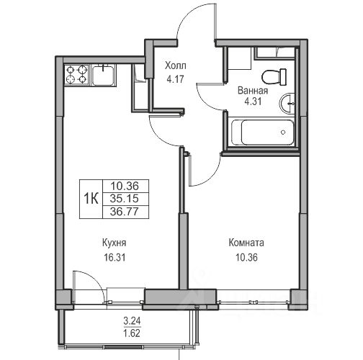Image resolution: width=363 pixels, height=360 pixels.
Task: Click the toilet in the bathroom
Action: [274, 77]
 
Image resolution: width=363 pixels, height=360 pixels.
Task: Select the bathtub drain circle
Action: [283, 132]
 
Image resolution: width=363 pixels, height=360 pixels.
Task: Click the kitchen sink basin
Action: [103, 75]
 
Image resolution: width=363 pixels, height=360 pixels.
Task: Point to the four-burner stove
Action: [77, 74]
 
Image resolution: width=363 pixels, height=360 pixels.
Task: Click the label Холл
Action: [176, 66]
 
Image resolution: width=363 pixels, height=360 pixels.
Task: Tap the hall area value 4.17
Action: [176, 79]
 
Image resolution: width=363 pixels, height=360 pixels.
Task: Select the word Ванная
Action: [253, 91]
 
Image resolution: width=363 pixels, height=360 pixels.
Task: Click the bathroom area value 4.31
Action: [253, 102]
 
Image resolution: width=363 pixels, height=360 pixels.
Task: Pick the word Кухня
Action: [114, 243]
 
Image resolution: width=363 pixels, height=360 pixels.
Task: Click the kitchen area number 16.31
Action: [115, 258]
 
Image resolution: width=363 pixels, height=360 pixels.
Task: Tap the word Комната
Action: [246, 243]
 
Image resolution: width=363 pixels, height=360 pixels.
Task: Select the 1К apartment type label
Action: [91, 199]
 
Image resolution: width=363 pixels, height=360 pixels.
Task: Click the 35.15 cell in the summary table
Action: [125, 199]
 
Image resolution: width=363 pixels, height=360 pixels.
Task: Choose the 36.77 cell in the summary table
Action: [125, 212]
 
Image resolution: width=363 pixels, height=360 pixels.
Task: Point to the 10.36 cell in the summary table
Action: [125, 186]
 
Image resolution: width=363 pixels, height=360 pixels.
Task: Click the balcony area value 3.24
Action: [132, 320]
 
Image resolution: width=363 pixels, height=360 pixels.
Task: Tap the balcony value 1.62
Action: [132, 333]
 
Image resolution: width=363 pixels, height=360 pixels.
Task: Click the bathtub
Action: [262, 132]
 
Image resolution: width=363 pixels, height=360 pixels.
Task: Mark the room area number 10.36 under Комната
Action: [246, 258]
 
